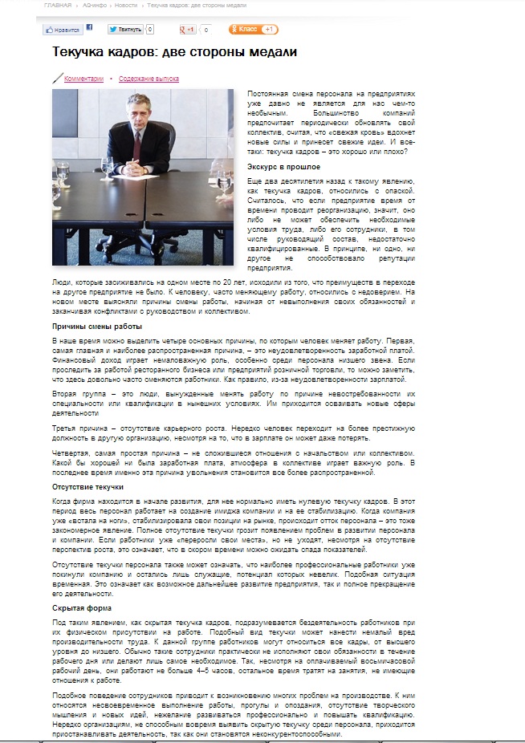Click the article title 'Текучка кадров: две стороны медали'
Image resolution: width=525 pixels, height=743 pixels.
[174, 52]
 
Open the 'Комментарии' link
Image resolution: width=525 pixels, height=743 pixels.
[84, 79]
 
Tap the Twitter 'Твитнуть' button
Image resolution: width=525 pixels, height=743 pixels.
[125, 30]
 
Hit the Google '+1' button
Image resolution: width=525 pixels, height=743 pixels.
[188, 30]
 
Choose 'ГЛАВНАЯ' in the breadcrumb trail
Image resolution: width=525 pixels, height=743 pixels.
[58, 6]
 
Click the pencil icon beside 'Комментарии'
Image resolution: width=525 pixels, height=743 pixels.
[58, 79]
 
